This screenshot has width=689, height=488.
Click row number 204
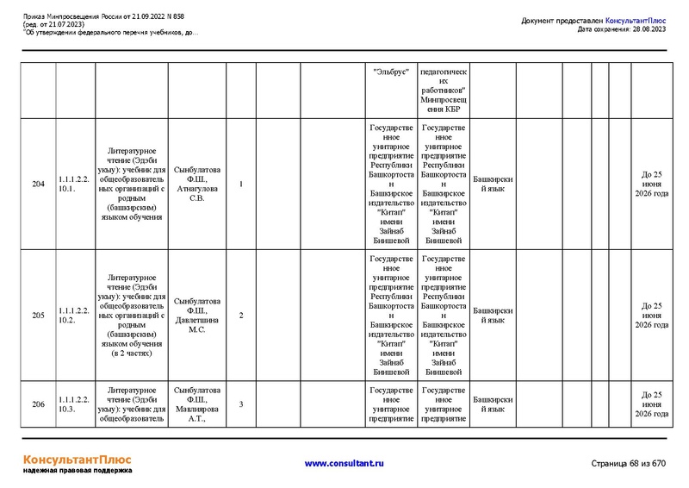pos(38,185)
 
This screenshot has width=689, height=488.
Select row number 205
pos(38,316)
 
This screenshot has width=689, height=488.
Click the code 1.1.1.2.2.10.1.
pos(74,185)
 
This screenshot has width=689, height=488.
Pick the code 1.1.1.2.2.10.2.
pos(74,316)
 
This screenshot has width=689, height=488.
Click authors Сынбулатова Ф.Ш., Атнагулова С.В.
pos(197,185)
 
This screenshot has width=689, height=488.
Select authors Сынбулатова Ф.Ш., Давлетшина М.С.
pos(197,316)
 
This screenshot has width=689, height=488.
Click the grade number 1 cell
pos(241,185)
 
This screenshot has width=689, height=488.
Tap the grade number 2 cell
pos(241,316)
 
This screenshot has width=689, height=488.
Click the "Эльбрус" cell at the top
pos(391,72)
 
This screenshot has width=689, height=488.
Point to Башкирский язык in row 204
pos(493,185)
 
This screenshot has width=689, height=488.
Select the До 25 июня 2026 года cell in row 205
pos(652,316)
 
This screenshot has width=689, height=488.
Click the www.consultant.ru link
pos(344,463)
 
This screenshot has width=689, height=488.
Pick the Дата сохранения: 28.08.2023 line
pos(622,29)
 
